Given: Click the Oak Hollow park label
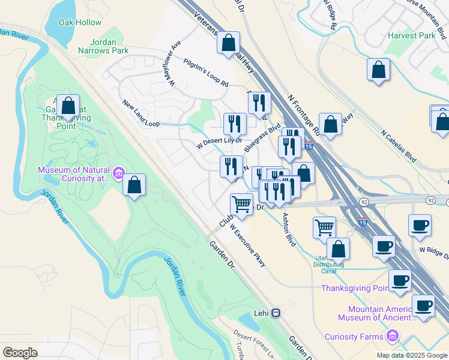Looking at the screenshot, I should [x=80, y=22].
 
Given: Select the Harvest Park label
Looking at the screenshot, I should [x=411, y=36].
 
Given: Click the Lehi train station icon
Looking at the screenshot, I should [x=276, y=313].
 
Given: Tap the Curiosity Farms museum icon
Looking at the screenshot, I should [x=393, y=336].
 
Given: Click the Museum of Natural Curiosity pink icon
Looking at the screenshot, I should [x=119, y=174].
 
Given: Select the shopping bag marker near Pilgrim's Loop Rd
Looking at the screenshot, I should [x=228, y=43].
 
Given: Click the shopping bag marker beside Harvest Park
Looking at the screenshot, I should [x=379, y=70].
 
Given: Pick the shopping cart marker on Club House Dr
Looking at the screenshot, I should [x=242, y=204].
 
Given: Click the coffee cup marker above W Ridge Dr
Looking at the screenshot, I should [x=420, y=226].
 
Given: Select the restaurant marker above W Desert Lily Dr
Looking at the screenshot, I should [x=235, y=124].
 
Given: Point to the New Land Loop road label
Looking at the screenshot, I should [x=141, y=114].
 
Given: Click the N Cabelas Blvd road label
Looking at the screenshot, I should [x=399, y=146].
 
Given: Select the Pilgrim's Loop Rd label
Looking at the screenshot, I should [x=206, y=73].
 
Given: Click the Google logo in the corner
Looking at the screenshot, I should [x=20, y=353].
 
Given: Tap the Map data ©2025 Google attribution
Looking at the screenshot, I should [x=411, y=355].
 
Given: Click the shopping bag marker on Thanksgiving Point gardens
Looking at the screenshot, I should [x=69, y=106].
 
